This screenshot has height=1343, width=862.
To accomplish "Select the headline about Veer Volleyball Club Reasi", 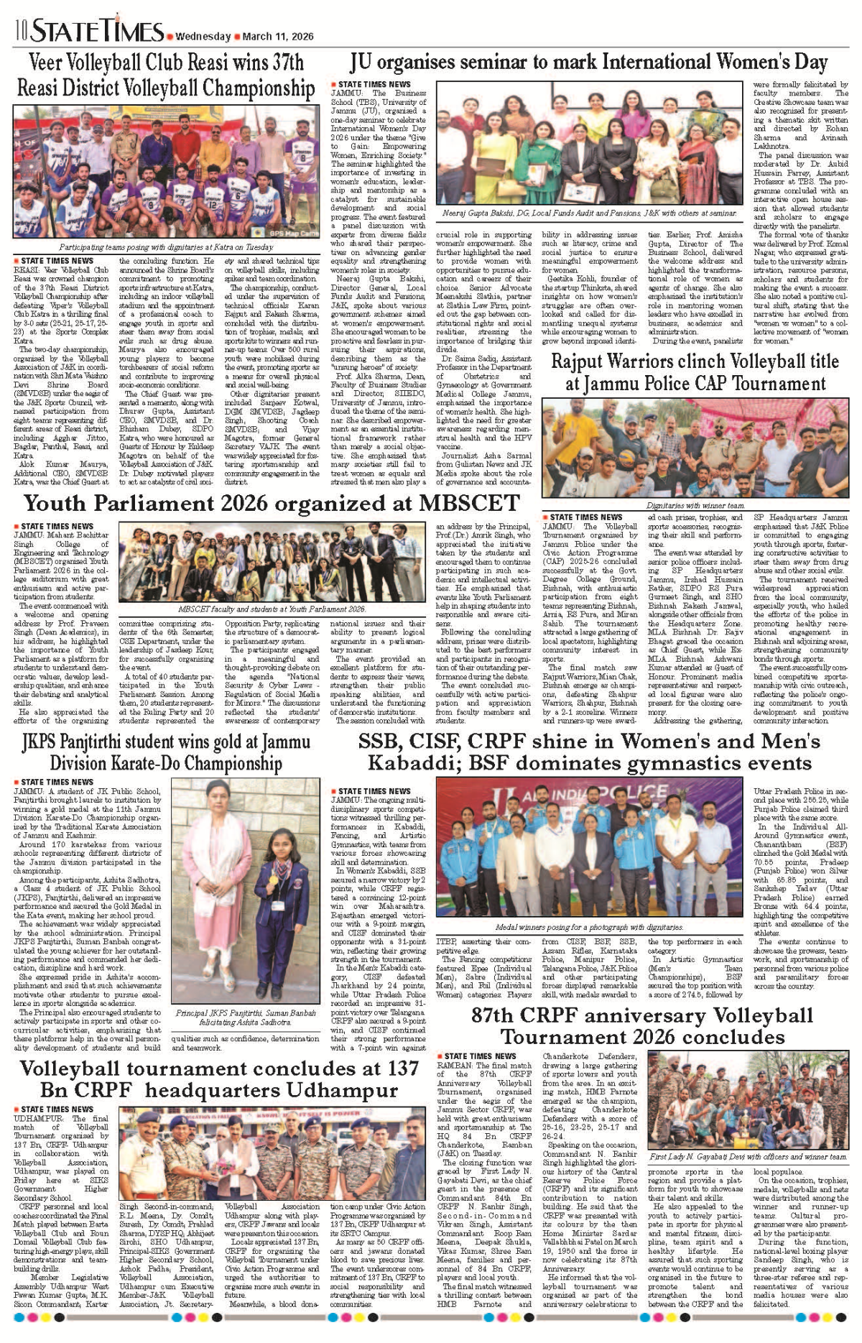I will coord(165,75).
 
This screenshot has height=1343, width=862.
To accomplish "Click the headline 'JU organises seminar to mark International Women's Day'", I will coord(588,63).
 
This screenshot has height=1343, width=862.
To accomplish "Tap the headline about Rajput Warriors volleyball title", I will coord(695,372).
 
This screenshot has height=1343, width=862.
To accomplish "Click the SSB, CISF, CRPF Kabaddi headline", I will coord(589,751).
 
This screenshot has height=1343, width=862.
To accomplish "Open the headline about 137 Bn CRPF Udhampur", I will coord(218,1079).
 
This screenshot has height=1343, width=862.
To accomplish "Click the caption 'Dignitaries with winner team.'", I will coord(695,505).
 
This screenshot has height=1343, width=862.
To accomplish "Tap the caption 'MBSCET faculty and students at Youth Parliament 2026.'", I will coord(272,609).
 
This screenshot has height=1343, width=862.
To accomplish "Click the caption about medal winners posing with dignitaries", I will coord(589,927).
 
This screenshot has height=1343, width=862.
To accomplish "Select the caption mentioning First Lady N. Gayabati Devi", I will coord(748,1157).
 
